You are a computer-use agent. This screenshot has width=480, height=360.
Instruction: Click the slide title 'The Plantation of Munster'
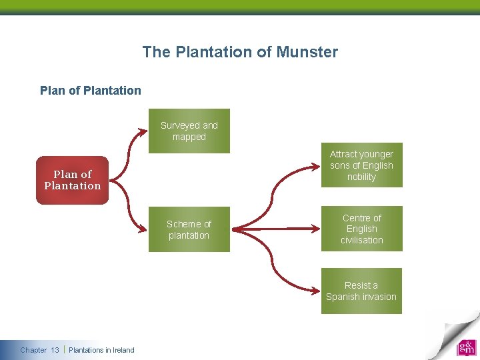[240, 52]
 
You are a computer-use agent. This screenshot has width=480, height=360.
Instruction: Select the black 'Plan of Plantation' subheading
[91, 91]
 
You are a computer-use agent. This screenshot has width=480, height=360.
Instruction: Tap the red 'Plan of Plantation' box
[72, 180]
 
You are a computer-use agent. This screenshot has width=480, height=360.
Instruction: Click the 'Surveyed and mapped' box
[189, 131]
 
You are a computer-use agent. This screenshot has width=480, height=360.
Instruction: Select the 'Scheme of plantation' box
[189, 230]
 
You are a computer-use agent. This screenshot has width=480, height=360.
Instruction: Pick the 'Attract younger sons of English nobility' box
[361, 165]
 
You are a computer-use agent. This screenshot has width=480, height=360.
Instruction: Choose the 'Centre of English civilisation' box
[361, 229]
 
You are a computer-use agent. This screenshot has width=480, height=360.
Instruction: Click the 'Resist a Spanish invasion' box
[361, 291]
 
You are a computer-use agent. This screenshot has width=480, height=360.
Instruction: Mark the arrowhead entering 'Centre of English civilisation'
[315, 229]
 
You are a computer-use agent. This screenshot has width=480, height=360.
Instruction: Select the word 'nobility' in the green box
[361, 177]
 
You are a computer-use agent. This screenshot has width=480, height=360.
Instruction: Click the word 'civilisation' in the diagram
[361, 240]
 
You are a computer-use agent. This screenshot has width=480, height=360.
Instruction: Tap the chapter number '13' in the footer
[55, 350]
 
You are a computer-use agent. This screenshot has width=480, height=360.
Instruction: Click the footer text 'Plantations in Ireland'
[101, 350]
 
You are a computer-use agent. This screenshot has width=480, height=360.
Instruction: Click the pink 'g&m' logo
[466, 348]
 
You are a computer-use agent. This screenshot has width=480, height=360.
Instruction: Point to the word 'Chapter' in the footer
[33, 350]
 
